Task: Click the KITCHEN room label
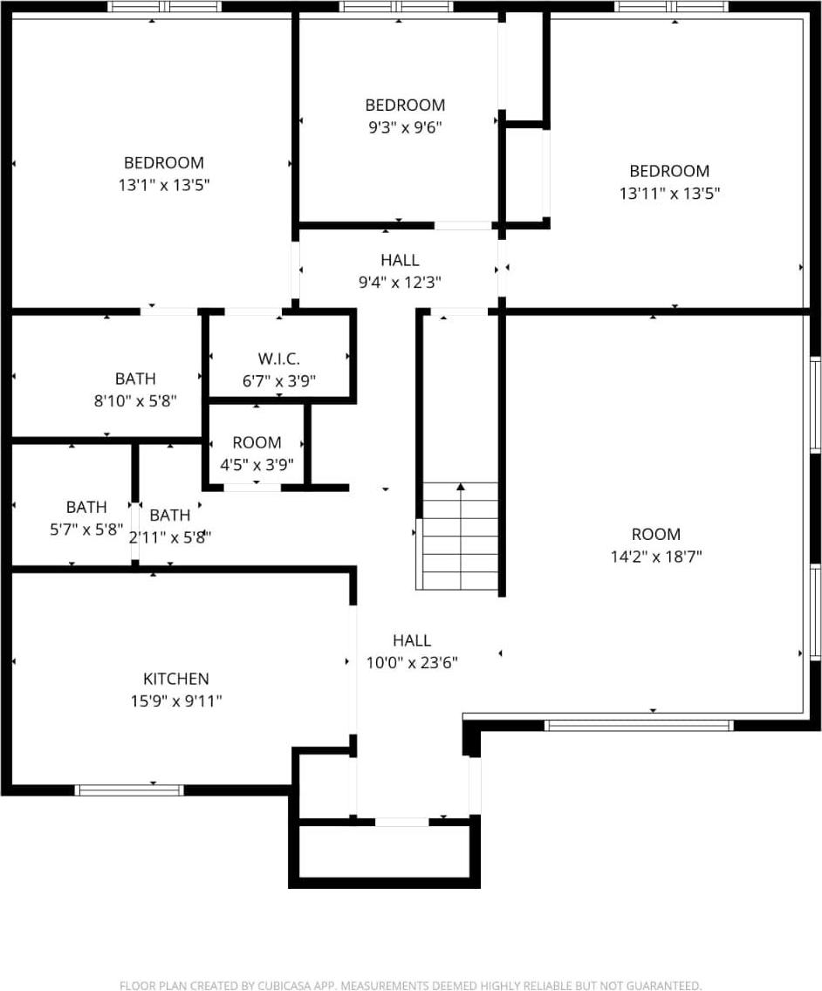(175, 679)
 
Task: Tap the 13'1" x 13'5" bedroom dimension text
(164, 185)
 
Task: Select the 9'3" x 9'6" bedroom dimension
(405, 127)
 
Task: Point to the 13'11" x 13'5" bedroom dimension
(669, 194)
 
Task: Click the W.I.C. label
(279, 359)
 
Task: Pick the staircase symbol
(460, 536)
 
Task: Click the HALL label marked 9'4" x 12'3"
(400, 260)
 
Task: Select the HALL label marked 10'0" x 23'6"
(412, 640)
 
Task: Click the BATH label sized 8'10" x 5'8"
(135, 379)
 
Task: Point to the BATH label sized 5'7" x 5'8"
(86, 507)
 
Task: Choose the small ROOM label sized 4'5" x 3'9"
(257, 442)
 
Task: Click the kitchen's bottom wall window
(129, 790)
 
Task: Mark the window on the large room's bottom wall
(639, 725)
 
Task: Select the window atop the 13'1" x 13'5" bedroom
(164, 7)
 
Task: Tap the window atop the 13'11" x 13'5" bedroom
(670, 7)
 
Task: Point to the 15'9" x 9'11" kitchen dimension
(175, 701)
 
